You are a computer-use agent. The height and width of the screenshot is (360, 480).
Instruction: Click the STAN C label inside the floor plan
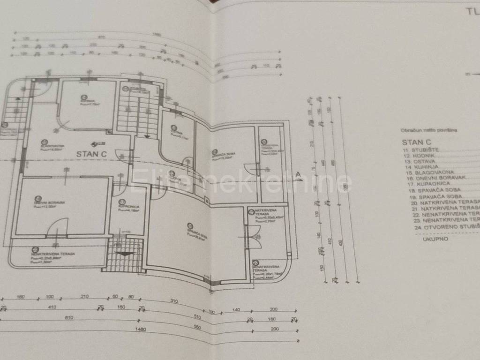coord(92,153)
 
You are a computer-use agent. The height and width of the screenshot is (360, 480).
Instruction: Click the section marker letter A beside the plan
coord(297,174)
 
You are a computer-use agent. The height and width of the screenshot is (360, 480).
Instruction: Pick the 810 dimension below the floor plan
coord(69,318)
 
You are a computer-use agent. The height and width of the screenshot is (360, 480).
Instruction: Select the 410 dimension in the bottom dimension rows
coord(52,307)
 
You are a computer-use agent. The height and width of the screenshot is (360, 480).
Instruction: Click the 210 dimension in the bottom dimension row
coord(85,297)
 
